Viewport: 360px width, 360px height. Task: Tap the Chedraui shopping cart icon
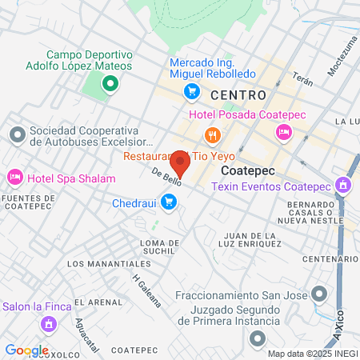tap(168, 203)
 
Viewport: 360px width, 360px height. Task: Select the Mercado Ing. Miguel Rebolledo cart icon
tap(191, 92)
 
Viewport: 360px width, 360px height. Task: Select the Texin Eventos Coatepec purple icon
tap(342, 186)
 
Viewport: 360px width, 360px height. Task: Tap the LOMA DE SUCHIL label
tap(158, 246)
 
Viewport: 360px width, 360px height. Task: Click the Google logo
tap(26, 350)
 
